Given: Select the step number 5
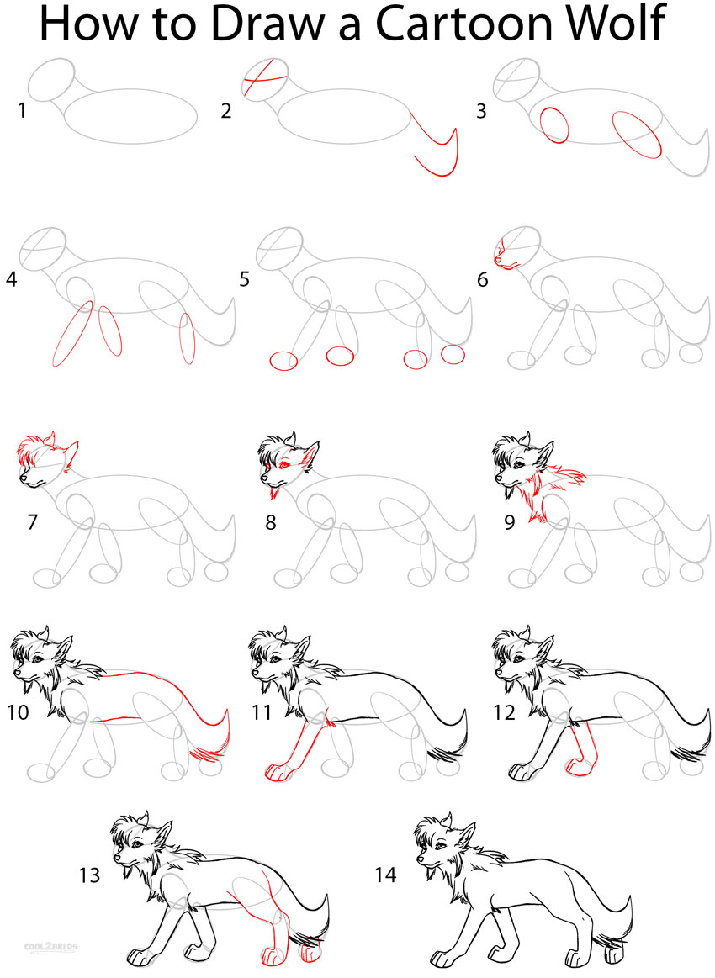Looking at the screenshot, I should click(x=244, y=279).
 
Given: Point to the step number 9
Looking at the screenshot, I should click(x=510, y=522).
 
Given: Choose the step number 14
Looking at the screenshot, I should click(x=385, y=875).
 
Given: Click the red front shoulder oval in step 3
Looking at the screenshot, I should click(x=554, y=124).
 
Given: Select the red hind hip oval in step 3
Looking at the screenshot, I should click(x=637, y=135).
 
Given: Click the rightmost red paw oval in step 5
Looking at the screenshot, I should click(x=453, y=354).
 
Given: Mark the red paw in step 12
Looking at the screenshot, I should click(x=578, y=766).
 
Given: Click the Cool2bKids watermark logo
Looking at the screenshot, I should click(x=55, y=947).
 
